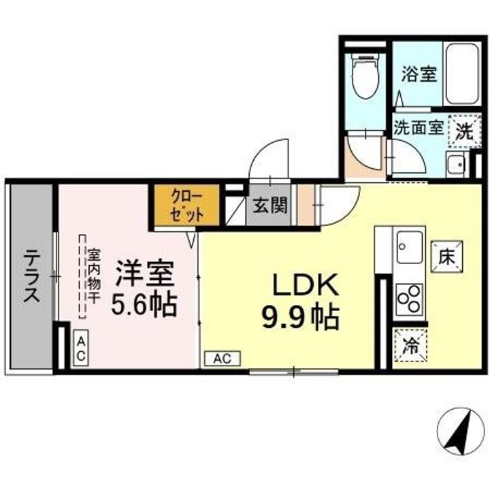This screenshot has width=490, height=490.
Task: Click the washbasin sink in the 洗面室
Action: click(455, 163)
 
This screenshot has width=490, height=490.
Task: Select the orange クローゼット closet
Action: click(186, 204)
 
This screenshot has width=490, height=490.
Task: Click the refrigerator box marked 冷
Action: click(410, 344)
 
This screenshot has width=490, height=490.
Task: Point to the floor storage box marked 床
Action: click(446, 257)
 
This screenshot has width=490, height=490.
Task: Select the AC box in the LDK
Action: click(222, 358)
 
